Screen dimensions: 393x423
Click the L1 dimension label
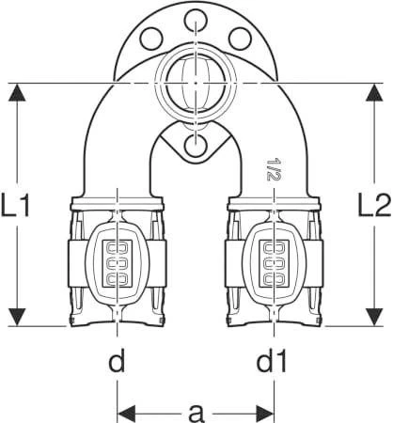tap(15, 205)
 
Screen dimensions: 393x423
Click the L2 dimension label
tap(375, 205)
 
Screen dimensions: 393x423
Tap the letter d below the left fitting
tap(117, 361)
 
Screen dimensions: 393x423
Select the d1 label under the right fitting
tap(272, 361)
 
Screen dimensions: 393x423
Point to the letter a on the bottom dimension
tap(196, 413)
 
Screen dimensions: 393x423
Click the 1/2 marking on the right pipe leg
tap(272, 169)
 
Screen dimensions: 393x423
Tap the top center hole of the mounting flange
tap(196, 21)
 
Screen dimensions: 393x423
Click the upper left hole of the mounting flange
tap(151, 39)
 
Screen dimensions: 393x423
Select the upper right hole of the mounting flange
tap(240, 39)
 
